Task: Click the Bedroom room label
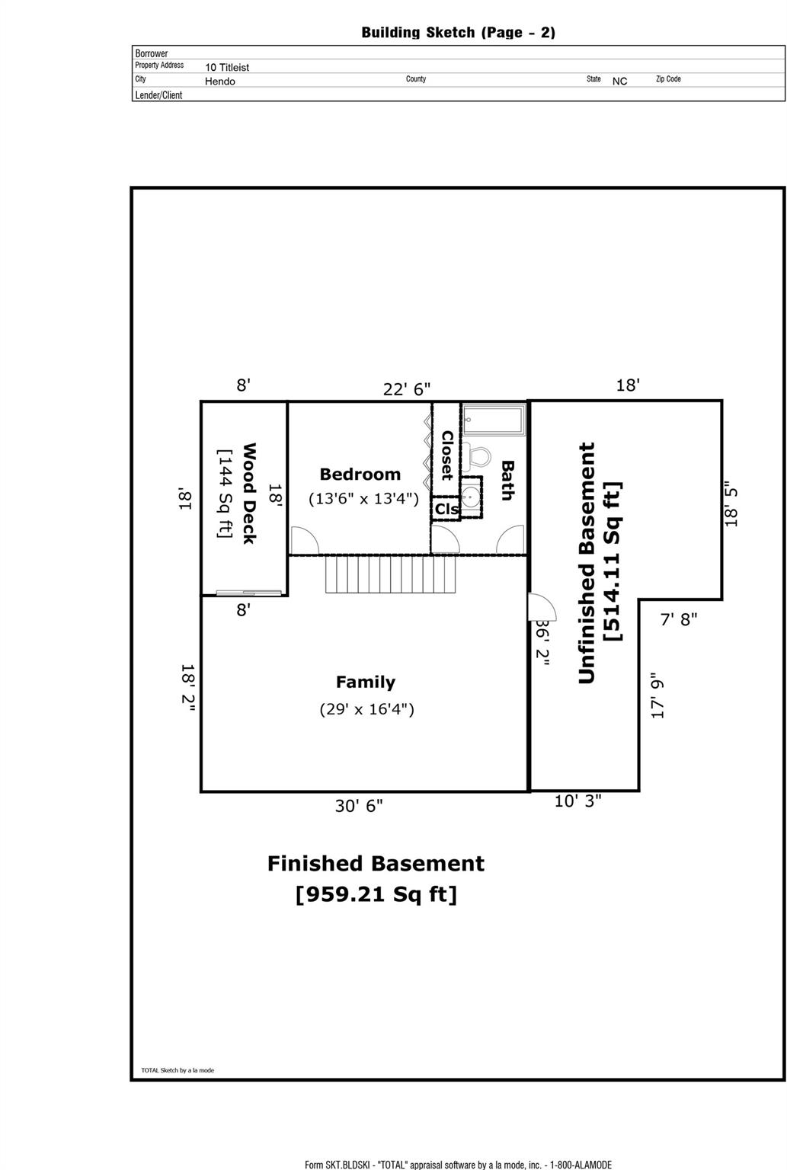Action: tap(360, 475)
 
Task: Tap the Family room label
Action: tap(366, 682)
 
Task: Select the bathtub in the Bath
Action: tap(494, 420)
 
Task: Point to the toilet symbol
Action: tap(478, 457)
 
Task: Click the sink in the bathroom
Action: tap(472, 497)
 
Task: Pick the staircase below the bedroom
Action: tap(391, 574)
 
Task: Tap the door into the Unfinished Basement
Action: tap(541, 607)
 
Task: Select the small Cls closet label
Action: tap(446, 509)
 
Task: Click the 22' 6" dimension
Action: tap(406, 389)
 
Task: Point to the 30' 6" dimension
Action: tap(359, 806)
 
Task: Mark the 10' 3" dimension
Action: tap(577, 801)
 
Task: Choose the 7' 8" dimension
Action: tap(678, 620)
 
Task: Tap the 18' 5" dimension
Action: tap(731, 503)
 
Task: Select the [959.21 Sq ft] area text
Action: tap(376, 894)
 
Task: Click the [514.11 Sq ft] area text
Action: tap(613, 561)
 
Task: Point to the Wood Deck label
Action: tap(248, 493)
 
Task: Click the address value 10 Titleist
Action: tap(227, 67)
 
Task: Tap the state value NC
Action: tap(619, 81)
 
